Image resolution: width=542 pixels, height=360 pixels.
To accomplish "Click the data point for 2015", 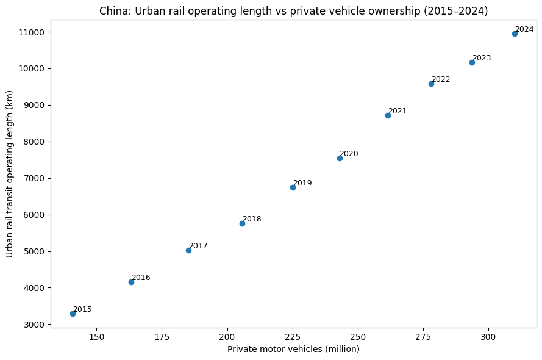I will pos(73,314).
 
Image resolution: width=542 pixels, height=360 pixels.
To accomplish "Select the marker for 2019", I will pos(293,187).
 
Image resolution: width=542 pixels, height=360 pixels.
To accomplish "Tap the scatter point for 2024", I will pos(515,34).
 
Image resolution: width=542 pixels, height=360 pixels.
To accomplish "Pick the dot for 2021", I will pos(388,115).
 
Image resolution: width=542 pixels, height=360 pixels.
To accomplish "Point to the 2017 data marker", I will pos(188,250).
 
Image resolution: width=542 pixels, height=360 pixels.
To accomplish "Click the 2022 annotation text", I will pos(441,79).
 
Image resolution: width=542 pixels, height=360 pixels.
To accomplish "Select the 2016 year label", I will pos(141,278).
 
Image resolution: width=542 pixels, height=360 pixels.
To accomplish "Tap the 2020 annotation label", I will pos(349,154).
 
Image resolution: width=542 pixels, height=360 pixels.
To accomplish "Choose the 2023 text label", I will pos(482,58).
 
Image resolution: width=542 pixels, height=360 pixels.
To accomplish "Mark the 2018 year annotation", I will pos(252,219).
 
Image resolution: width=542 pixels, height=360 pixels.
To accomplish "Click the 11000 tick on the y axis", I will pos(34,32).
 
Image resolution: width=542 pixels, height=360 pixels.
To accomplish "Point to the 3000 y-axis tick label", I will pos(36,325).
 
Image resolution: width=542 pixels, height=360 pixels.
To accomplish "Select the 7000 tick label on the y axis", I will pos(36,178).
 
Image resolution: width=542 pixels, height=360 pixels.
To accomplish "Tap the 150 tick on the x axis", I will pos(96,337).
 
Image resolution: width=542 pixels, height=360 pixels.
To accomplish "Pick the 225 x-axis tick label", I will pos(293,337).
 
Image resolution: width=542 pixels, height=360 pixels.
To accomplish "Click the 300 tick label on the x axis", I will pos(488,337).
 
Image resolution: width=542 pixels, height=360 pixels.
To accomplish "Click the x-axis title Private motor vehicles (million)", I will pos(293,349).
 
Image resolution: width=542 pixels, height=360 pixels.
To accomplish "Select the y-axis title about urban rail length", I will pos(10,174).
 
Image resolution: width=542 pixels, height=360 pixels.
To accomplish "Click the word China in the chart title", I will pos(112,11).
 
